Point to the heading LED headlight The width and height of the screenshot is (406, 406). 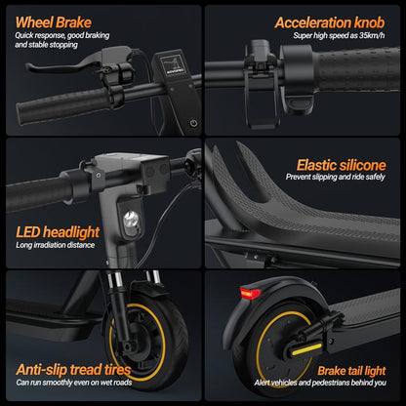tap(57, 231)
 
